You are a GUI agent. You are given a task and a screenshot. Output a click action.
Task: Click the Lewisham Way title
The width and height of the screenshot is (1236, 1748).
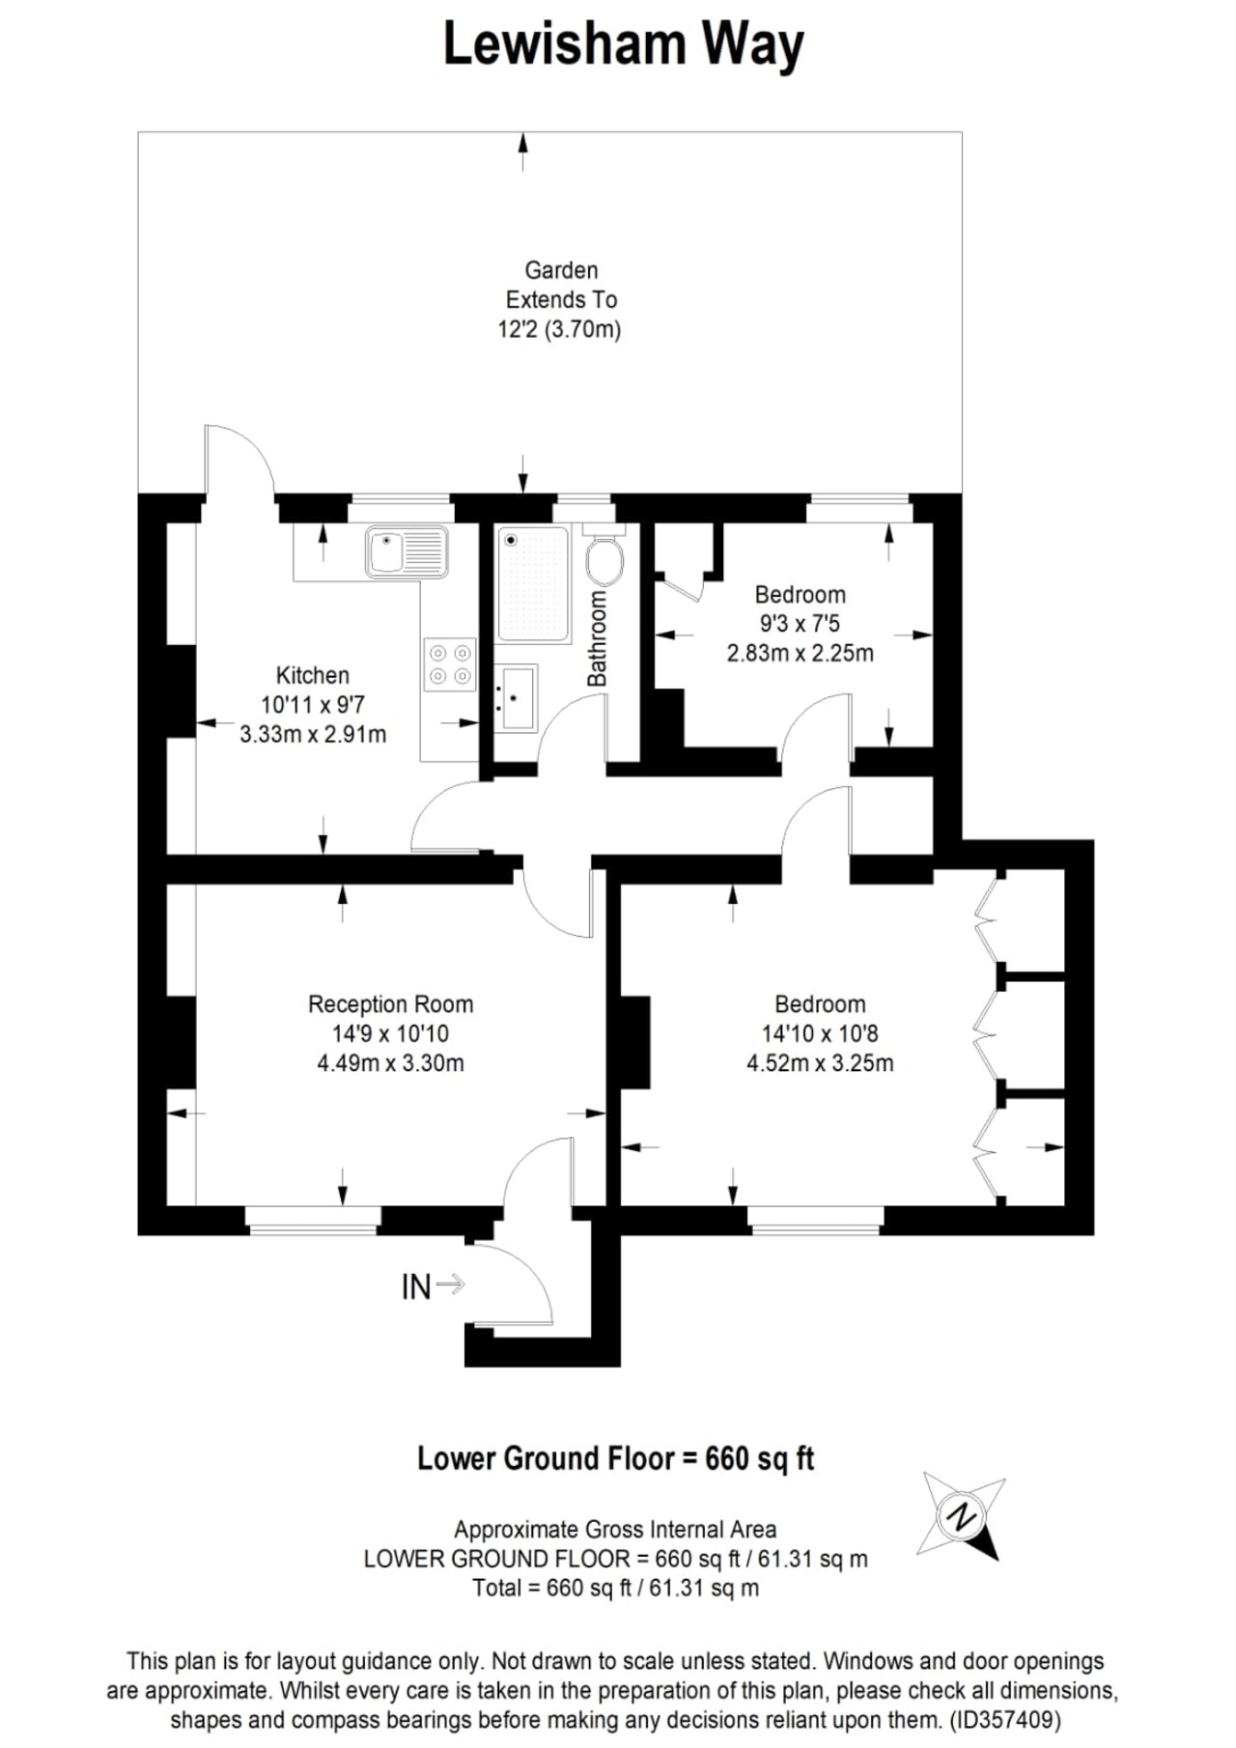[623, 45]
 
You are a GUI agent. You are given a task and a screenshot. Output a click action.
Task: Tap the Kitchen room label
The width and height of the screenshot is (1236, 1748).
[312, 675]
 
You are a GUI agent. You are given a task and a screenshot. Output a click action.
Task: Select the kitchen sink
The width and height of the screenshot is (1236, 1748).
[407, 552]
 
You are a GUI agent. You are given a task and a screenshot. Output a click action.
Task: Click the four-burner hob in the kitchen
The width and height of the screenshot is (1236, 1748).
[450, 664]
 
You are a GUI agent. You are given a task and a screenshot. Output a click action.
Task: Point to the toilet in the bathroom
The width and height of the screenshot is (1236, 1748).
[604, 555]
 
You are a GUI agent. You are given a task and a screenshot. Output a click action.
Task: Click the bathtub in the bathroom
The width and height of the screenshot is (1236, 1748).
[532, 584]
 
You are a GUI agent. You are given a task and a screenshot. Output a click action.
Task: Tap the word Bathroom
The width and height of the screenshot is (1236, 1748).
[598, 639]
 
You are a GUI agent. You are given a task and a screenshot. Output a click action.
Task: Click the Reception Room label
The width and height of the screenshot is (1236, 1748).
[390, 1004]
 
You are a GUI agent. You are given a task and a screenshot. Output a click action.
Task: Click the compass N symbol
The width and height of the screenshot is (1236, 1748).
[961, 1516]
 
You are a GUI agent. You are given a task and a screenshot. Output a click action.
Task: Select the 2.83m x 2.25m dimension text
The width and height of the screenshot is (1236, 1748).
[800, 653]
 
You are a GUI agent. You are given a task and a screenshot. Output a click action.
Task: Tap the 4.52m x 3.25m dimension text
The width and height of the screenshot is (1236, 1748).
[820, 1063]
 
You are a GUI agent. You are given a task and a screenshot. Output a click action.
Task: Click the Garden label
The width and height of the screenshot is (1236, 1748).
[561, 270]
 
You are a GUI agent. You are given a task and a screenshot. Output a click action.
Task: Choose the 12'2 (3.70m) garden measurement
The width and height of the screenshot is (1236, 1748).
[559, 329]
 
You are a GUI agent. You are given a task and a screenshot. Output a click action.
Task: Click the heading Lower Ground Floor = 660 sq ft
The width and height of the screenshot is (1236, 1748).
[615, 1458]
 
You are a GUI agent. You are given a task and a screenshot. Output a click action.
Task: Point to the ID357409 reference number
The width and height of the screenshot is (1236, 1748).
[1005, 1720]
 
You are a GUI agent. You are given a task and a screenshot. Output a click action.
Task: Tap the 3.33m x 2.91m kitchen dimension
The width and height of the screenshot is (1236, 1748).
[313, 734]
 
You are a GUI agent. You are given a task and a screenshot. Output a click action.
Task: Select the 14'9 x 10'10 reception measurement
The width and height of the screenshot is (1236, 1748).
[390, 1034]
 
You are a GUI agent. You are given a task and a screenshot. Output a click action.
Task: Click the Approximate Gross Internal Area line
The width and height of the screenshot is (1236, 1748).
[615, 1530]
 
